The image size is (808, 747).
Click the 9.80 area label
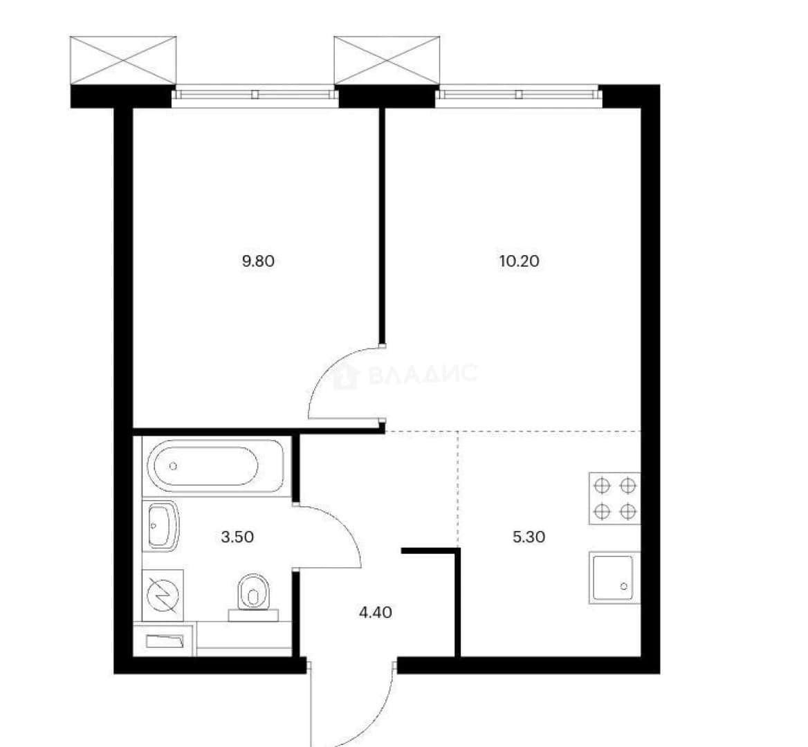[258, 261]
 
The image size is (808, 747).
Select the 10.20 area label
[520, 261]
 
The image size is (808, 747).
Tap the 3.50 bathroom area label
[237, 537]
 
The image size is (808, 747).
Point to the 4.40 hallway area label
[376, 613]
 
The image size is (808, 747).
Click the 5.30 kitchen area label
[529, 537]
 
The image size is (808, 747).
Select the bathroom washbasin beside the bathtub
[162, 526]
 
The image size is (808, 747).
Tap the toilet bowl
[253, 597]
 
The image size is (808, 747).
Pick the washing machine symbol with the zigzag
[163, 595]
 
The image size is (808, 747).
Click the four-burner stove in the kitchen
[615, 498]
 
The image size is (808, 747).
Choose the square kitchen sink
[613, 578]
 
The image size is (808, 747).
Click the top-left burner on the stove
[602, 486]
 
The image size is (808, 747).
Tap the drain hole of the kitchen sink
[624, 587]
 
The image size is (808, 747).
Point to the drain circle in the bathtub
[173, 466]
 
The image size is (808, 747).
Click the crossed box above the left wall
[123, 60]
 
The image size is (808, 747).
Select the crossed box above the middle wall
[387, 60]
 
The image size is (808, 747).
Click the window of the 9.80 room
[255, 95]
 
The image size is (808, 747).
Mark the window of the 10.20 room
[519, 95]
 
